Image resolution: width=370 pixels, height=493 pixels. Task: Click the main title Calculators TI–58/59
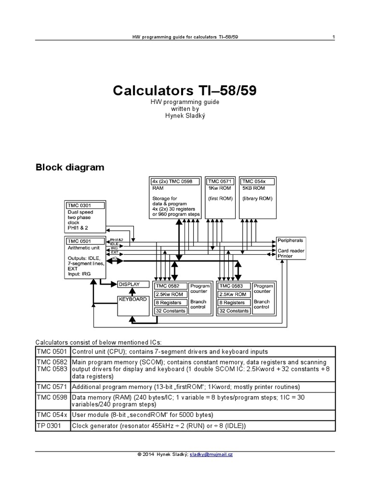185,91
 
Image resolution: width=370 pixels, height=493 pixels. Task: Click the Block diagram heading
70,168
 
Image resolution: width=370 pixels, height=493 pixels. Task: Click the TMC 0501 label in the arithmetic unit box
79,241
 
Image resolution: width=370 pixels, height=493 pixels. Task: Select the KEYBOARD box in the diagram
132,299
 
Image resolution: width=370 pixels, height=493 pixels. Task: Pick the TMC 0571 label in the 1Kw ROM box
220,181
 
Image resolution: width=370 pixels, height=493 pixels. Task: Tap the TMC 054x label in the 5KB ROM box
253,181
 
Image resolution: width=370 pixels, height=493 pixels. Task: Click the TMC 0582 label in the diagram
169,285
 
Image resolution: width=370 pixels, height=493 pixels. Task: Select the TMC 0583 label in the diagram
234,285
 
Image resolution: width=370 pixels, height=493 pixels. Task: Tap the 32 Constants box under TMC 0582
170,311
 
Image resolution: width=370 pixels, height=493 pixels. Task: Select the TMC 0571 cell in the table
53,387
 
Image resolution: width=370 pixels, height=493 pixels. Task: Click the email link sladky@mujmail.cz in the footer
211,455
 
